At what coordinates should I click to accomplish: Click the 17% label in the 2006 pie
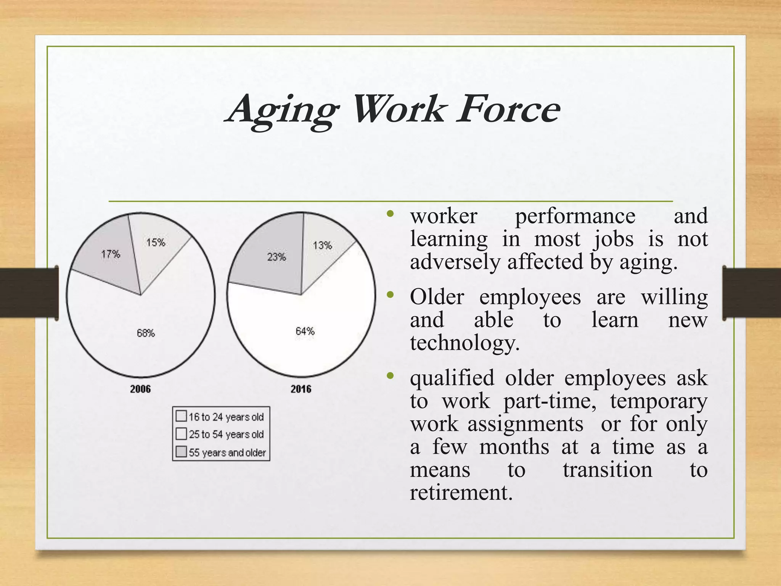click(x=111, y=254)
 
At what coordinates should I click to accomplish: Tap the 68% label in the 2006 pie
click(x=146, y=333)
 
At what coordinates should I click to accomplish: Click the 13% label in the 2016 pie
click(x=322, y=245)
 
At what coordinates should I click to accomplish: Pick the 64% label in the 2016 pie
click(x=305, y=331)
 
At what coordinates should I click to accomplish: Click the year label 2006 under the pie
click(x=140, y=389)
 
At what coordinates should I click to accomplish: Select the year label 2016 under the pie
click(x=301, y=389)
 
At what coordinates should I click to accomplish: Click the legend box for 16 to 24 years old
click(x=181, y=416)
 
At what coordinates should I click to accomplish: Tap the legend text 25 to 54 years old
click(x=226, y=435)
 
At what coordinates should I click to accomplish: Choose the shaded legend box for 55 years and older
click(x=181, y=452)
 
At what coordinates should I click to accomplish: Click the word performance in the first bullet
click(x=575, y=217)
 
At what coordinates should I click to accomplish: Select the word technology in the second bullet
click(x=464, y=343)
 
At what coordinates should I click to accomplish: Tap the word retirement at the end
click(x=461, y=493)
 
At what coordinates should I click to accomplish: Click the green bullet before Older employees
click(x=390, y=295)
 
